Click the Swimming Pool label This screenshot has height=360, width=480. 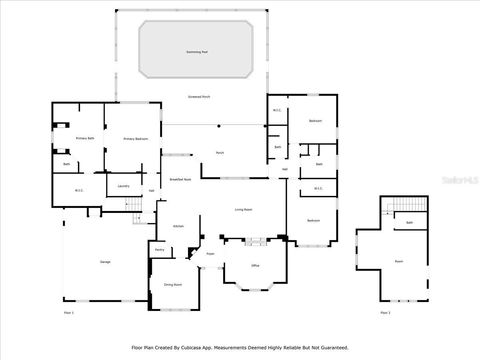tap(197, 50)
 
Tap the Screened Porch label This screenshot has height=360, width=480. tap(199, 97)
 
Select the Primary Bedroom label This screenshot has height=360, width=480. tap(136, 139)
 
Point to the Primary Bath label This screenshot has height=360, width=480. tap(85, 139)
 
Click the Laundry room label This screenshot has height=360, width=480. tap(124, 186)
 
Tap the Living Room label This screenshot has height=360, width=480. tap(243, 209)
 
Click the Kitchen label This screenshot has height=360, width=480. tap(178, 227)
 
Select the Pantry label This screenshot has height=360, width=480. tap(160, 250)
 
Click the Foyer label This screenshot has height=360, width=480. tap(210, 254)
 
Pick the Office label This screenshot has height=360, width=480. tap(255, 265)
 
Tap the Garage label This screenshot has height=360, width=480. tap(105, 262)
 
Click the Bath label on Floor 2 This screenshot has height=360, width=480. tap(409, 222)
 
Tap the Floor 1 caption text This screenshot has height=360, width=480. tap(69, 313)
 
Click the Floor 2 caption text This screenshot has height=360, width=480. tap(386, 313)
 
